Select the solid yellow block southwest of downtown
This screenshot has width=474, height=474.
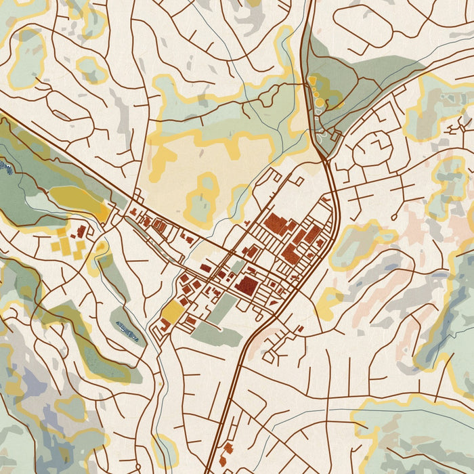click(173, 312)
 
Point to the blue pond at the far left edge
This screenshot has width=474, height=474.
click(5, 165)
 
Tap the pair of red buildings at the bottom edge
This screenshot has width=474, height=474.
click(225, 453)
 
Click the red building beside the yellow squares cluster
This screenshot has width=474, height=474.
click(81, 232)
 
